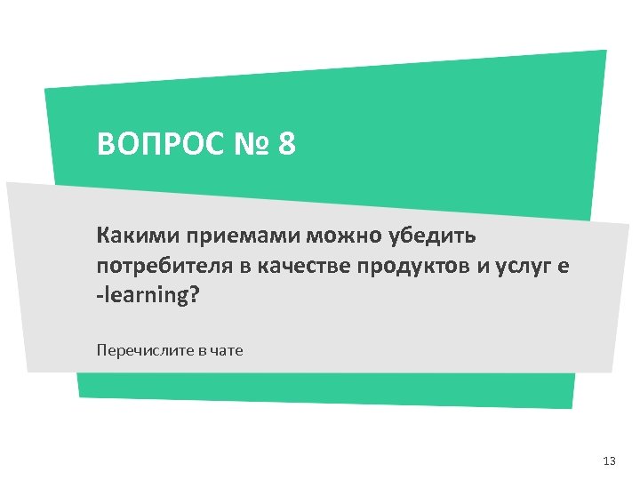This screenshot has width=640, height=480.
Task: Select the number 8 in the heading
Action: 286,144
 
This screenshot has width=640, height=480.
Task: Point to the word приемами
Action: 242,237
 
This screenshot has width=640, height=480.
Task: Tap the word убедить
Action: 433,236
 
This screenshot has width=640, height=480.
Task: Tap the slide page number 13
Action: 609,461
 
